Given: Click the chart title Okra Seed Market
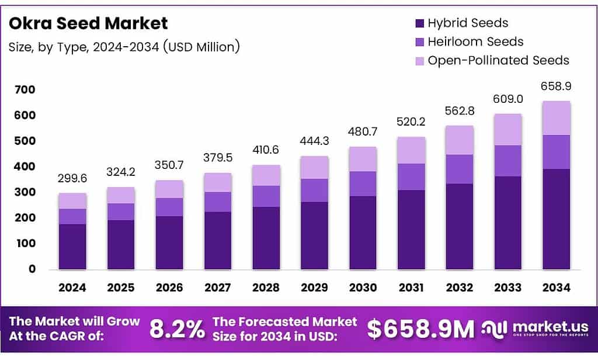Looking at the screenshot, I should point(88,23).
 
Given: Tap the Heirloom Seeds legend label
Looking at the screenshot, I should point(475,41).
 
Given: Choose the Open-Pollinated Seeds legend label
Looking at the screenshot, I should point(498,60).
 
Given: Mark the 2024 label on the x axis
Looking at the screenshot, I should point(72,288).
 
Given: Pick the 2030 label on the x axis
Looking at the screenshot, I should point(362,288).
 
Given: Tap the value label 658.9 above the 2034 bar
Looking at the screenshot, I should point(556,86).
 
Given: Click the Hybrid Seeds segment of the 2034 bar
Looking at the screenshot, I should point(556,219).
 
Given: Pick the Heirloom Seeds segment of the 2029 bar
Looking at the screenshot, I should point(314,191).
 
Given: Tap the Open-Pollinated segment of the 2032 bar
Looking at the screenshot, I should point(459,140).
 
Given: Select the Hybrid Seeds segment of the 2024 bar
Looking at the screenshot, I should point(72,247).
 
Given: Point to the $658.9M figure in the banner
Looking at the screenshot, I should point(420,329).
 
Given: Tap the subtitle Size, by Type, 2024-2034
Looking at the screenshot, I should point(124,47).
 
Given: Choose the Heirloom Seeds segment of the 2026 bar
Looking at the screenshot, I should point(169,207).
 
